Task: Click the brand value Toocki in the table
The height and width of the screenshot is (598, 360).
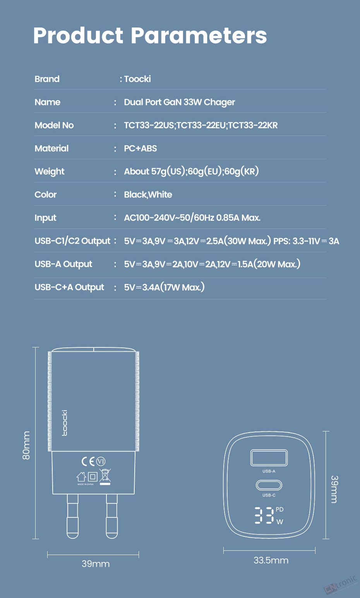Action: [137, 79]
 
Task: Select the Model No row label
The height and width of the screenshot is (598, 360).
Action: [54, 125]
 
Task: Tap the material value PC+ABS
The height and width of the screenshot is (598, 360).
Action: [141, 148]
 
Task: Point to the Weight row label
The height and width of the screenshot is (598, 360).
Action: [50, 172]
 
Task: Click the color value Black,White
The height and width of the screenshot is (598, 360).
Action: [148, 194]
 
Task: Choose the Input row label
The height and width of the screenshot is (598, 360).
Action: [45, 218]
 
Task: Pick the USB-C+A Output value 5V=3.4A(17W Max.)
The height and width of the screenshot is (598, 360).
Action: [165, 287]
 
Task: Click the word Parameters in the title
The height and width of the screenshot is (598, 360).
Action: [199, 36]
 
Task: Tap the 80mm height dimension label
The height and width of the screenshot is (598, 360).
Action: [26, 445]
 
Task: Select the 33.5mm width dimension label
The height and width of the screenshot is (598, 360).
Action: [271, 560]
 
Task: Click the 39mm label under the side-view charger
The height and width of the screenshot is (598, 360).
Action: [96, 564]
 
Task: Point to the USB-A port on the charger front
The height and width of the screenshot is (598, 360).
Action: [269, 457]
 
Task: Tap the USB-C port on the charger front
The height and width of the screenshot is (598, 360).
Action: [269, 485]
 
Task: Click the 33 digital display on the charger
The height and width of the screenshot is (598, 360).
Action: [264, 515]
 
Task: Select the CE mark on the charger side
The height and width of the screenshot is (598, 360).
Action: [88, 461]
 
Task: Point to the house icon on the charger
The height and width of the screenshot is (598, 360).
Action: [81, 477]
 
